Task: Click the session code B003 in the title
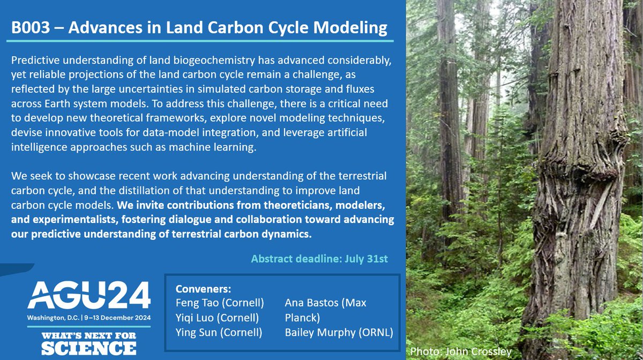point(31,28)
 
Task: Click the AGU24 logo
point(89,295)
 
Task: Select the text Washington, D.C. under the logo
point(53,318)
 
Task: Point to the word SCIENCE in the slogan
point(89,348)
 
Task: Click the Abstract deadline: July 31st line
point(319,259)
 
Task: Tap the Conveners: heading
point(203,289)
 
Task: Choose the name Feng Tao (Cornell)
point(220,303)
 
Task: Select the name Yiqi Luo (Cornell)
point(217,318)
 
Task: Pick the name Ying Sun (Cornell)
point(219,333)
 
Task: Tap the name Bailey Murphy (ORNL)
point(339,333)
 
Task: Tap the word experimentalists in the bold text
point(74,220)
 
